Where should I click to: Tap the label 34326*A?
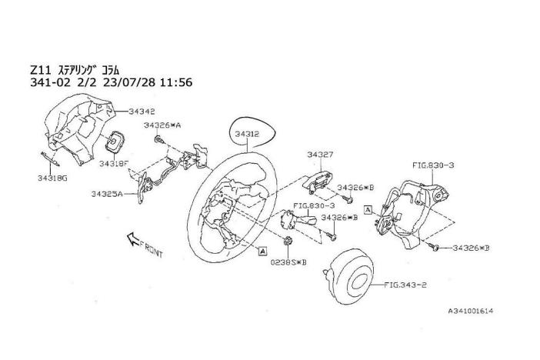pos(162,125)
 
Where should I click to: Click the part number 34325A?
pos(108,195)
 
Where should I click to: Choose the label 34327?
pos(321,155)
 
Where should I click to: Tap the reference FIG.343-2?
pos(407,284)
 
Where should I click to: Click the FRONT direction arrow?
pos(135,240)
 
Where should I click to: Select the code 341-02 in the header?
pos(46,82)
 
